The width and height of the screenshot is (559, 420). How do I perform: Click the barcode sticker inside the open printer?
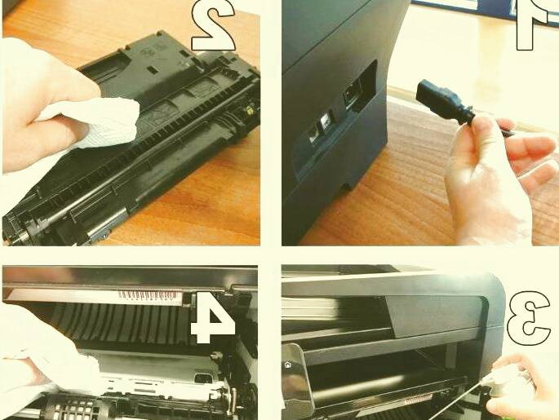(x=149, y=296)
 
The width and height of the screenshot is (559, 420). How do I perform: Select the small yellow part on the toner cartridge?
(x=251, y=111)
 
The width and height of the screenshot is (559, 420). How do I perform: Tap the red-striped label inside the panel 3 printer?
(x=418, y=400)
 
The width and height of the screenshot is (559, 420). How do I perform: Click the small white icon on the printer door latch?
(x=287, y=365)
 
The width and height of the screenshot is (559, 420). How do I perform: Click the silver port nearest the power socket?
(x=326, y=120)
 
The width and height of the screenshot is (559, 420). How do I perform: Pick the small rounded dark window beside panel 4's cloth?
(x=203, y=378)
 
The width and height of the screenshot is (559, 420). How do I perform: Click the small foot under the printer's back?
(x=347, y=187)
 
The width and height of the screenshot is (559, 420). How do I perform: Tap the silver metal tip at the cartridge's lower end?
(x=100, y=231)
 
